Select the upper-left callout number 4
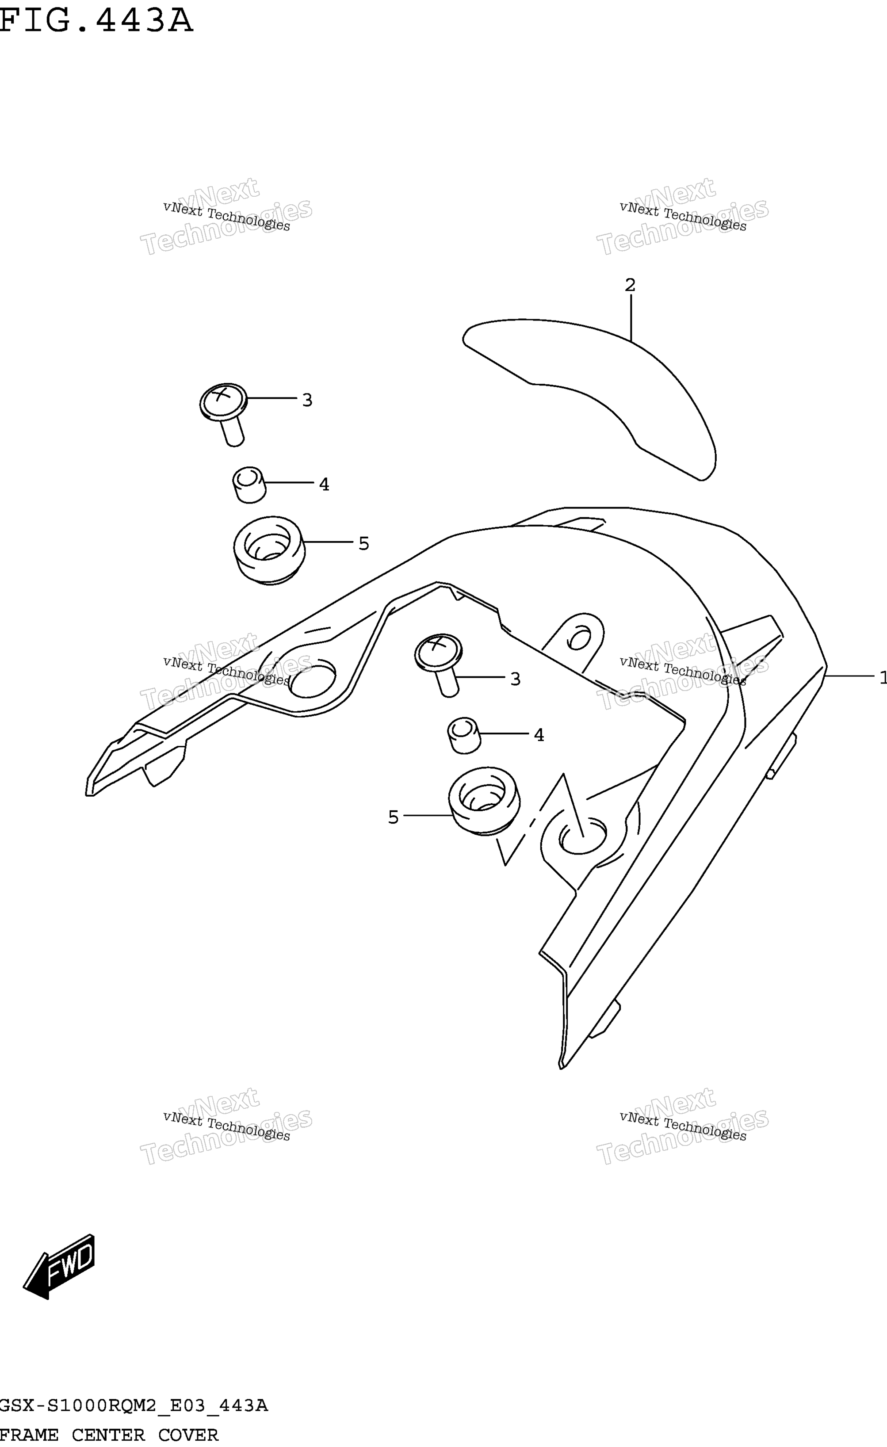[x=324, y=485]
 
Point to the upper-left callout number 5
[x=363, y=544]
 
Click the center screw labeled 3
[x=439, y=664]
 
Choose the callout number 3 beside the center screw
[x=515, y=679]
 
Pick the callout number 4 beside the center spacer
[x=539, y=735]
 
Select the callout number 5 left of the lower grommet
[x=394, y=817]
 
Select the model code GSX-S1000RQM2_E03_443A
[x=134, y=1406]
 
